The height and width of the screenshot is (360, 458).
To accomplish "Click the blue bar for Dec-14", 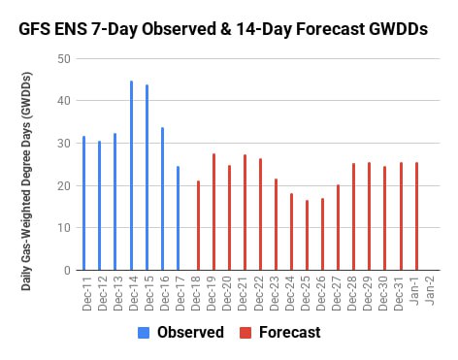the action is pos(131,176).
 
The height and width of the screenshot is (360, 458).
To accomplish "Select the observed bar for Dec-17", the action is pos(178,218).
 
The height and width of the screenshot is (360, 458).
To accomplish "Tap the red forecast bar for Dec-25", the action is pos(307,235).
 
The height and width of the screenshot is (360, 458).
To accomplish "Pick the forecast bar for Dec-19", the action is pos(213,212).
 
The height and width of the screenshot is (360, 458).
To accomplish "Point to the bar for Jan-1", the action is pos(416,216).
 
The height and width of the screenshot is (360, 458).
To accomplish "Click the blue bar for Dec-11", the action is pos(83,203).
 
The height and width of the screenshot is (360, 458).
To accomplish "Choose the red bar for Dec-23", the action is pos(276,224).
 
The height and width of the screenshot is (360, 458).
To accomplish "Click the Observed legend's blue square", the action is pos(144,333).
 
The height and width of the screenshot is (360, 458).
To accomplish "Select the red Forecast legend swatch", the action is pos(245,333).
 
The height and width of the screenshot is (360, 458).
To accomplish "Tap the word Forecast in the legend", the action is pos(290,333).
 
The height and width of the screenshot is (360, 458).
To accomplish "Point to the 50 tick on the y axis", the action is pos(64,59).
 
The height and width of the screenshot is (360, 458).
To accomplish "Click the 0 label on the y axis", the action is pos(67,270).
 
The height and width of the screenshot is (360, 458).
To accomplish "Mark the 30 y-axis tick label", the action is pos(64,144).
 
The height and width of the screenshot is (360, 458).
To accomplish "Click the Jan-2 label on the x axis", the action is pos(430,291).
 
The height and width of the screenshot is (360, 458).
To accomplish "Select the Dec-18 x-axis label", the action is pos(196,293).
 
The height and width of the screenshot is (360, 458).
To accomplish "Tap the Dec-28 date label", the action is pos(351,293).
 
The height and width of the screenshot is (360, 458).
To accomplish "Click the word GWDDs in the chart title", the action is pos(398,29).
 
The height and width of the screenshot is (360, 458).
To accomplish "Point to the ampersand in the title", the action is pos(226,29).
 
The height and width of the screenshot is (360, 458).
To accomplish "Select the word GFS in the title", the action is pos(34,29).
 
